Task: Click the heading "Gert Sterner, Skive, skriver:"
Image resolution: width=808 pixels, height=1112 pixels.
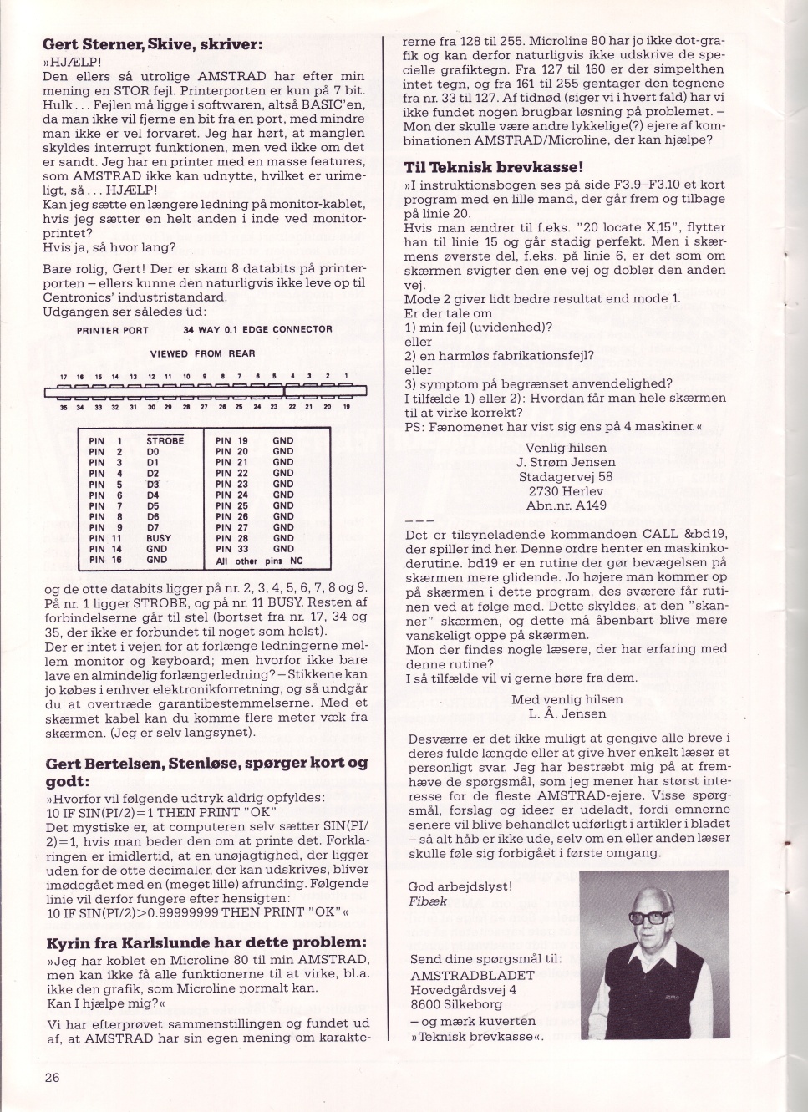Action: [x=152, y=44]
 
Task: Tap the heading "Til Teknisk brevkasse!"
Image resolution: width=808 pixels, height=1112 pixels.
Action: [x=493, y=167]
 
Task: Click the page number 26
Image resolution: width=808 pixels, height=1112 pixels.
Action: [x=52, y=1077]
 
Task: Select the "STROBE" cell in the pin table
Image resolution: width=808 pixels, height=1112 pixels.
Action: [x=165, y=439]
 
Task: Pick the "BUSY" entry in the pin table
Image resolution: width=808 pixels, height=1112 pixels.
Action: [x=158, y=538]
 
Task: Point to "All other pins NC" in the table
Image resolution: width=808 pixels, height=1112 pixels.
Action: [x=259, y=561]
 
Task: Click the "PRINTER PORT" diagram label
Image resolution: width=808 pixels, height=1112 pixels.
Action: [x=112, y=330]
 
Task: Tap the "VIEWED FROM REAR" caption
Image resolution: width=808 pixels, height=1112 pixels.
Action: [x=202, y=353]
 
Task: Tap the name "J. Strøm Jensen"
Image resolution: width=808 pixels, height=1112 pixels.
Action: [x=566, y=462]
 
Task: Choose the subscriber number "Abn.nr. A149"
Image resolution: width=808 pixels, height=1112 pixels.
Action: [x=566, y=505]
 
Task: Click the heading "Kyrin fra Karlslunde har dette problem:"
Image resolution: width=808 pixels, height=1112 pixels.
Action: [x=206, y=942]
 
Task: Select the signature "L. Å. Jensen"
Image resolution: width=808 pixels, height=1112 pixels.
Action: [x=567, y=713]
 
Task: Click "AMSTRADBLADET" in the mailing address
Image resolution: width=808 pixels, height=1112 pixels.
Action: [x=463, y=975]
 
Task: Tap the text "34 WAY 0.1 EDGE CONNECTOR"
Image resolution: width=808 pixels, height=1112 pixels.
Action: [x=257, y=330]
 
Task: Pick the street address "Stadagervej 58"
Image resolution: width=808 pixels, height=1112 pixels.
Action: [x=566, y=477]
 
